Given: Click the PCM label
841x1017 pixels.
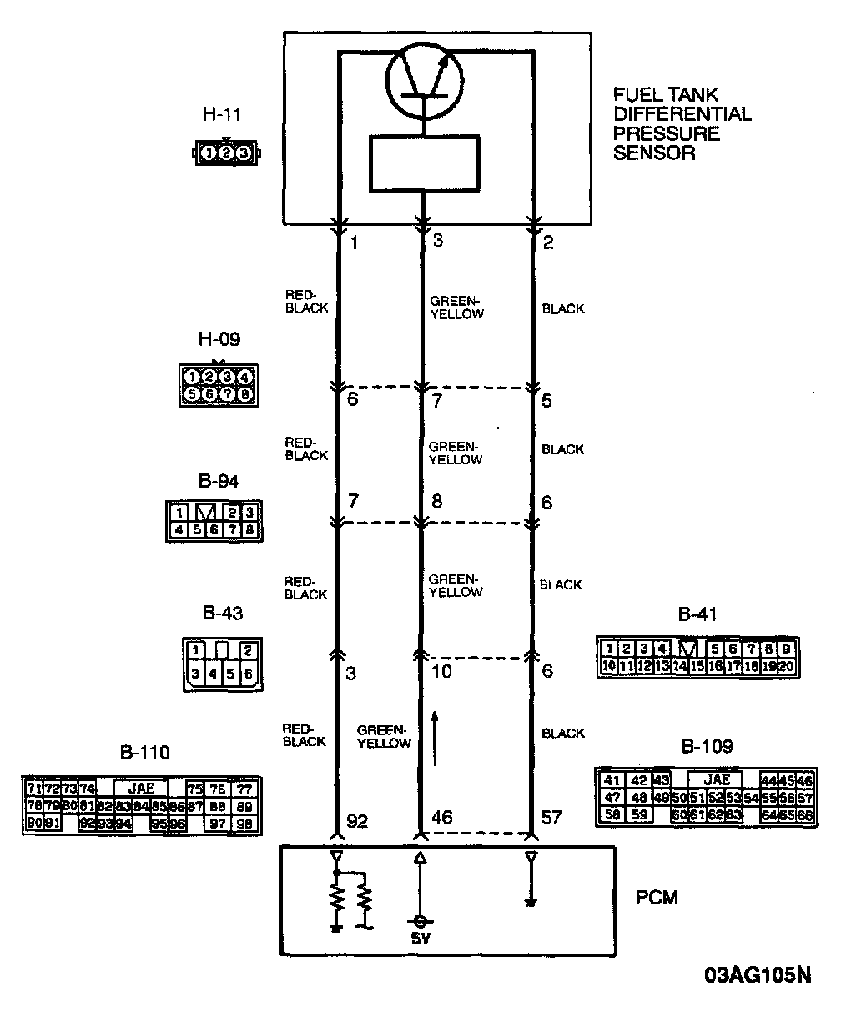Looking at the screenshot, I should click(x=657, y=899).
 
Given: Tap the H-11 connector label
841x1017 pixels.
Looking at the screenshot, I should click(x=223, y=114).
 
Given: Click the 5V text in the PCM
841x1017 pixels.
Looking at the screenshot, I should click(x=421, y=939).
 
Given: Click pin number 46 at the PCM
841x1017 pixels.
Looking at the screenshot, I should click(x=442, y=818).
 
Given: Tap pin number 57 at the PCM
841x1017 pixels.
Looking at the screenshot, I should click(x=552, y=818).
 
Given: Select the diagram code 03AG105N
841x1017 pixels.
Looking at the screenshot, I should click(x=757, y=976).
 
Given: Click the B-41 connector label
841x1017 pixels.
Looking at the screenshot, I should click(x=697, y=616).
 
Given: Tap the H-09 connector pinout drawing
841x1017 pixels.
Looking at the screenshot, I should click(x=218, y=386).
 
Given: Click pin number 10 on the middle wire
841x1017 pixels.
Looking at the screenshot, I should click(x=443, y=671).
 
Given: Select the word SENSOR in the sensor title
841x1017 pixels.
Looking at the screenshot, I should click(x=655, y=153).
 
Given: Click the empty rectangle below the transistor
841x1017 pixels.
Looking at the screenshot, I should click(x=425, y=163).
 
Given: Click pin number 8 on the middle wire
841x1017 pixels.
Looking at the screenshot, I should click(x=436, y=502).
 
